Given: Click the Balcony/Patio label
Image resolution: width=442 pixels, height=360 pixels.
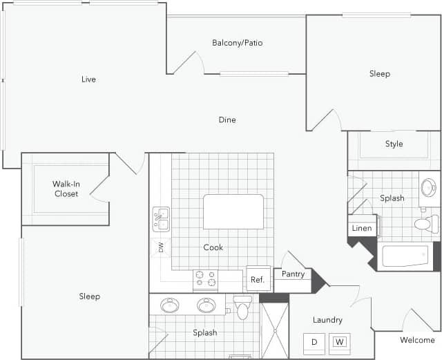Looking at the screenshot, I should (x=237, y=43).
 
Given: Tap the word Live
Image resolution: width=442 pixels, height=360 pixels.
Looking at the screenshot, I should (x=88, y=79).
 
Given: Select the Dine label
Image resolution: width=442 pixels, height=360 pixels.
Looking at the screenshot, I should (x=227, y=120).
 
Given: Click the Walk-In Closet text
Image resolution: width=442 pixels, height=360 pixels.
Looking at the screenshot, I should (x=66, y=189).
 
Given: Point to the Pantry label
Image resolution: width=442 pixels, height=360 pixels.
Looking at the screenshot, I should (x=294, y=274).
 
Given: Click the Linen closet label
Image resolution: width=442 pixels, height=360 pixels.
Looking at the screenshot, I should (x=362, y=228).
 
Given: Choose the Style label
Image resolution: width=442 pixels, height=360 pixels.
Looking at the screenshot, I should (x=394, y=144).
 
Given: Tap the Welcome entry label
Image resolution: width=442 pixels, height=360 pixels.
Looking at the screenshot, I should (x=418, y=340).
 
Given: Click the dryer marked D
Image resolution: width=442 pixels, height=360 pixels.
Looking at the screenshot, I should (x=314, y=341).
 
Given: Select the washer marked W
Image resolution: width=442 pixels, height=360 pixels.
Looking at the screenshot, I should (x=339, y=341).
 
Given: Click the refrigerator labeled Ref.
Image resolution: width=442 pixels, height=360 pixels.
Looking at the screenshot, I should (x=258, y=279).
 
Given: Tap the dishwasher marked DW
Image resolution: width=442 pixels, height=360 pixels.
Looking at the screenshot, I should (x=161, y=247).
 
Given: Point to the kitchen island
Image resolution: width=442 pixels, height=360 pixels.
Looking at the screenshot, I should (x=233, y=211).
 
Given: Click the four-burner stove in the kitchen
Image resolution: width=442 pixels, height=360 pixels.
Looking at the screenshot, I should (x=204, y=278).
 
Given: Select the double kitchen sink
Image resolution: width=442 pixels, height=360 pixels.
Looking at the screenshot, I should (x=161, y=219).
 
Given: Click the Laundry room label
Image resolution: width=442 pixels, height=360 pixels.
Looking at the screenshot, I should (x=327, y=320).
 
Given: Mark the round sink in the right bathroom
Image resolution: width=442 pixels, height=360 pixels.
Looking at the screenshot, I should (x=428, y=187).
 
